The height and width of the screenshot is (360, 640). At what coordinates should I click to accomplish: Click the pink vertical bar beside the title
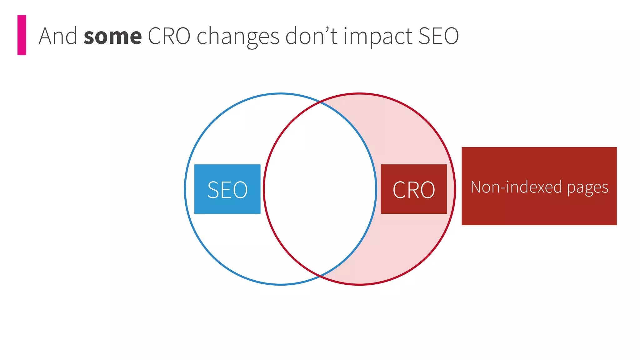[22, 35]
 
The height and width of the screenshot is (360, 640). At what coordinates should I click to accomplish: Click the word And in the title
[58, 36]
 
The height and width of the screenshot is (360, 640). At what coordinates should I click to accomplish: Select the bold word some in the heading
[112, 36]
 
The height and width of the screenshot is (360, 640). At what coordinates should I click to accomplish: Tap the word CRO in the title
[169, 36]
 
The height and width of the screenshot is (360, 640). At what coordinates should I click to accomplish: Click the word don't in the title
[311, 36]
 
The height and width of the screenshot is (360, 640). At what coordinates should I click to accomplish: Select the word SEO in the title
[438, 36]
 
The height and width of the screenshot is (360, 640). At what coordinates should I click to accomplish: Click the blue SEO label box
[227, 189]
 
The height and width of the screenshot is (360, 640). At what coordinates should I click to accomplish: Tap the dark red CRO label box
[413, 189]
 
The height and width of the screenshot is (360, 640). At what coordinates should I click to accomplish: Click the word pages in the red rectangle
[587, 187]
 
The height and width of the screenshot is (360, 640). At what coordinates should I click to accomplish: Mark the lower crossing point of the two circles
[320, 276]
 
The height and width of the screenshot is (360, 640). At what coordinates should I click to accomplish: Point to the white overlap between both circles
[320, 189]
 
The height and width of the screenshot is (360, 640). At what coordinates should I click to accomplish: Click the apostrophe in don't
[328, 30]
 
